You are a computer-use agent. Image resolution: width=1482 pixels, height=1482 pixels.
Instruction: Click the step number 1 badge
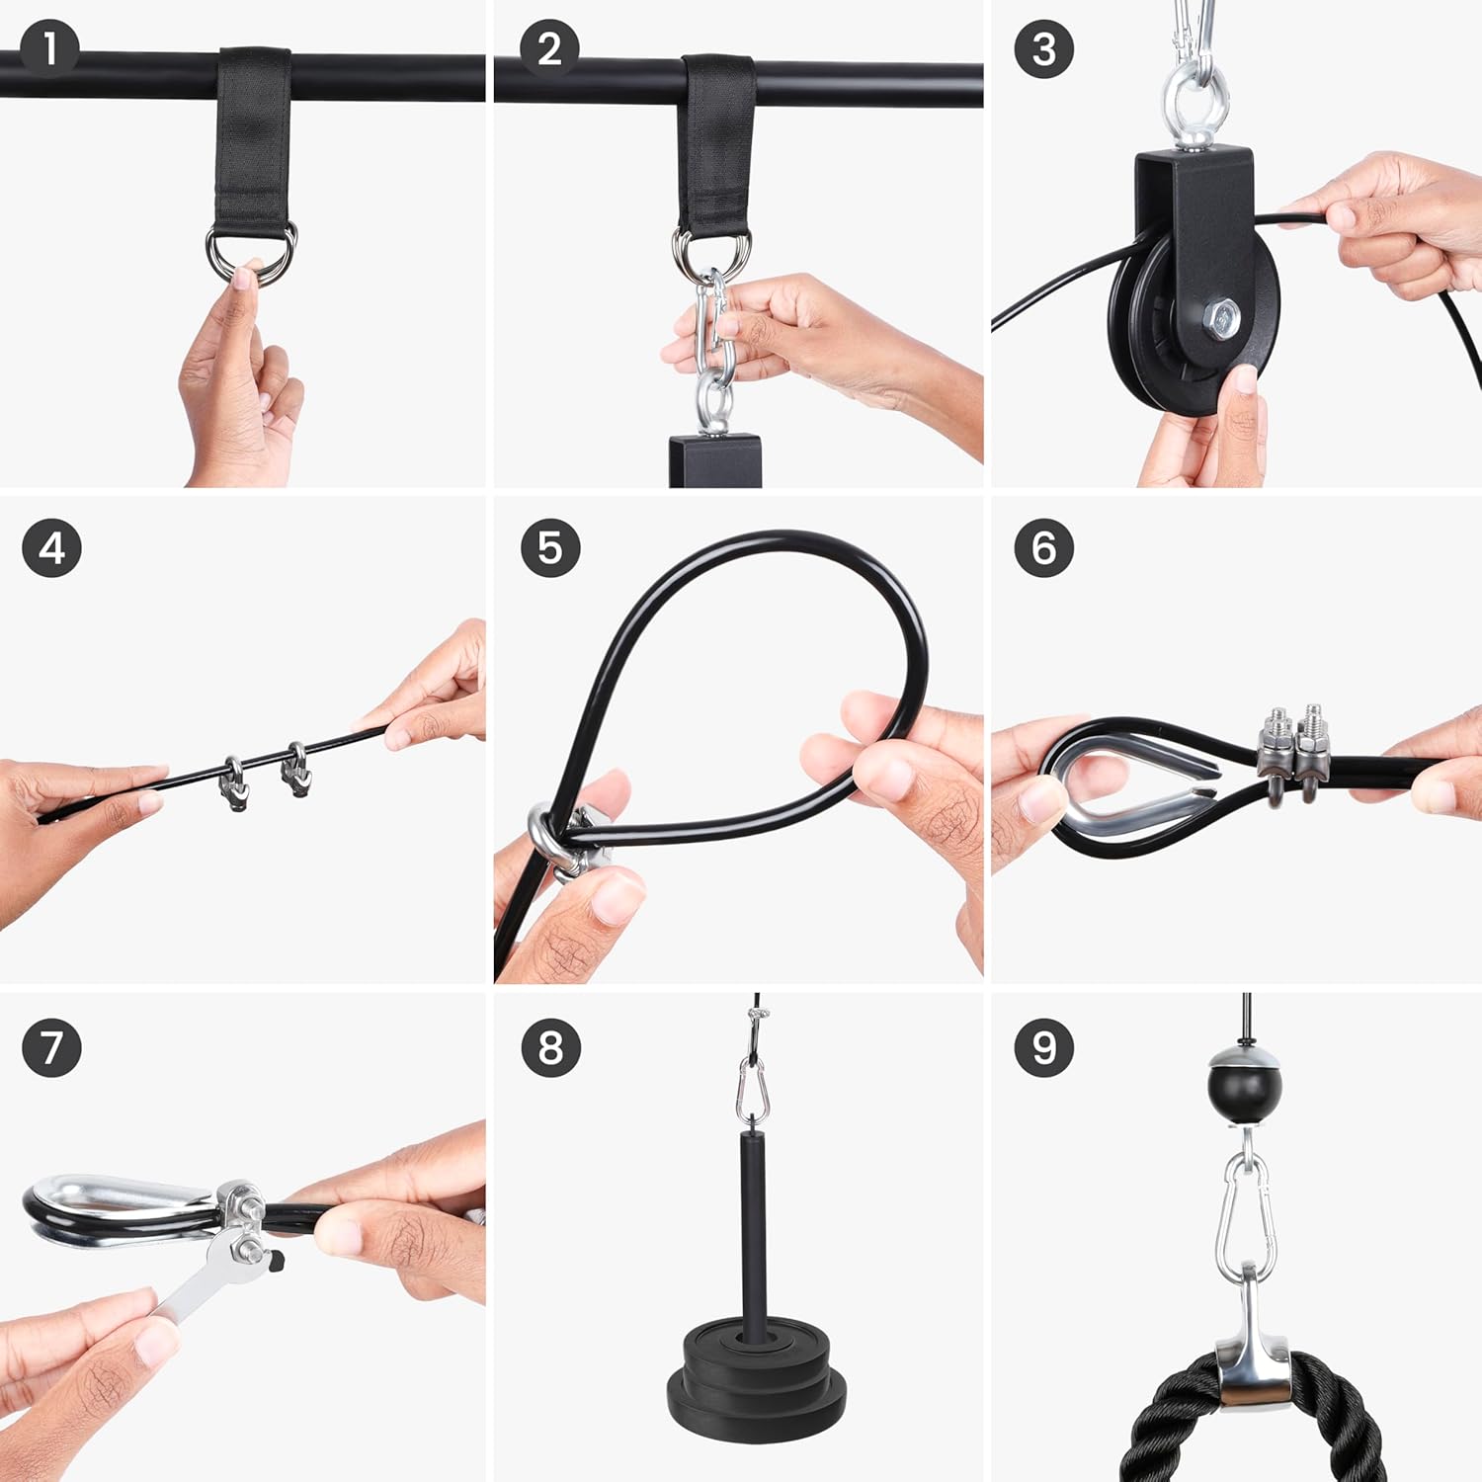(49, 47)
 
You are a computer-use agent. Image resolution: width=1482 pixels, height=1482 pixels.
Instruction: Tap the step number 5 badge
(550, 547)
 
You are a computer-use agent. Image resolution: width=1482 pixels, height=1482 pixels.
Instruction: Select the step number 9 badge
(1044, 1046)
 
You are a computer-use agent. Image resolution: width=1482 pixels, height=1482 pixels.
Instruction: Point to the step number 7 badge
(51, 1046)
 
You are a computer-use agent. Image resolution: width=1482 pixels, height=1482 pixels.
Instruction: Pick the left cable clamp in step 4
(233, 782)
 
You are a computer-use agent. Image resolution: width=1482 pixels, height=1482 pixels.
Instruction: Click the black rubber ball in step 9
(1244, 1086)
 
